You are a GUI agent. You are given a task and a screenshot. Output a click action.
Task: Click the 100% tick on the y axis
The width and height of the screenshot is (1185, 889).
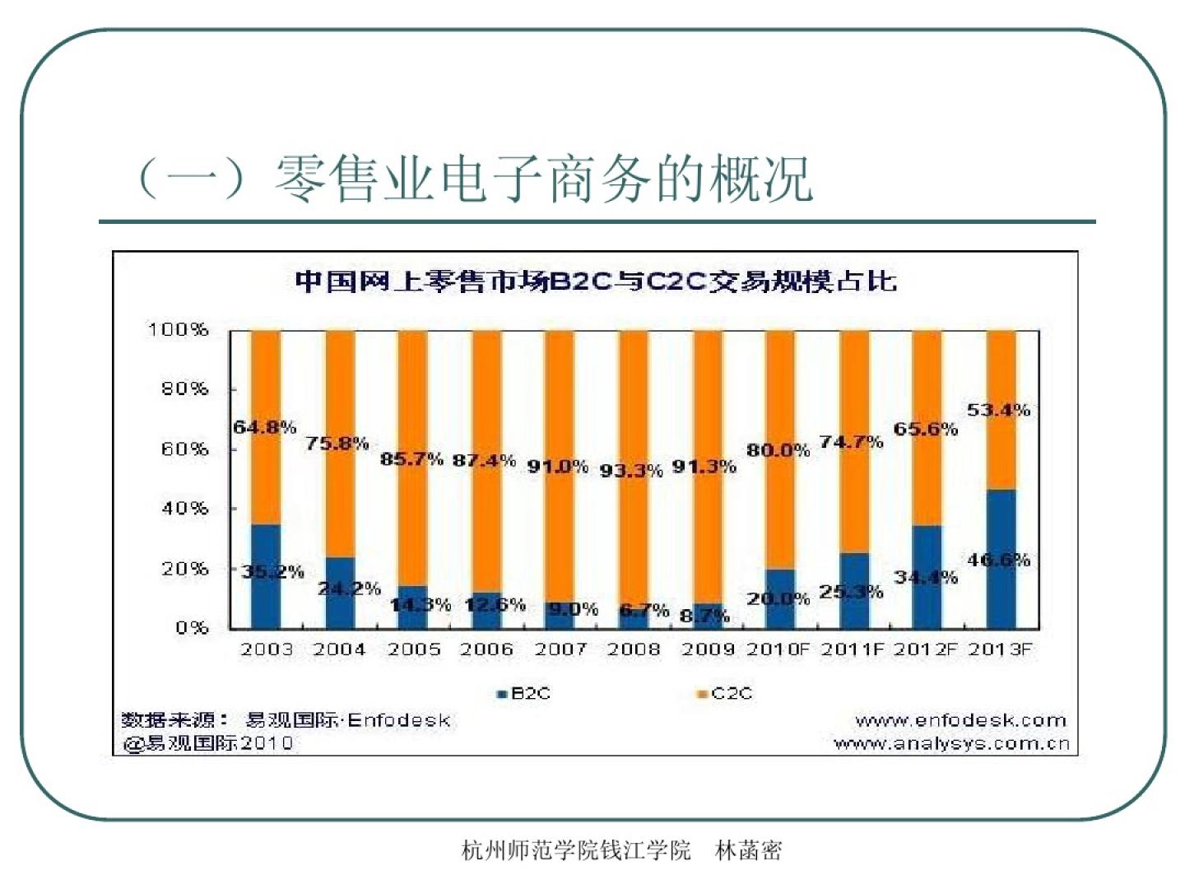pos(178,330)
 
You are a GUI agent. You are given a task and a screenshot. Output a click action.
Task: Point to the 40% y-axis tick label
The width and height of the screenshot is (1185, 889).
pos(184,509)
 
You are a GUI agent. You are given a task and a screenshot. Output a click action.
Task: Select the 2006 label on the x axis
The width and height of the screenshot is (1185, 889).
pos(486,649)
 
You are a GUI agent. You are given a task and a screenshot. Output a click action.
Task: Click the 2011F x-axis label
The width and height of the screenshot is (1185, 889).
pos(852,649)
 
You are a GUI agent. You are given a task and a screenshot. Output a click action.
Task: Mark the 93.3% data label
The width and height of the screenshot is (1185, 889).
pos(631,471)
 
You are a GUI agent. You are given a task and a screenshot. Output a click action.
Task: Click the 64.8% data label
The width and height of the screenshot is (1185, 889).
pos(264,427)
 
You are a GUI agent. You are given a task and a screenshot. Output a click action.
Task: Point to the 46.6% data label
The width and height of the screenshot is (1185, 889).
pos(998,561)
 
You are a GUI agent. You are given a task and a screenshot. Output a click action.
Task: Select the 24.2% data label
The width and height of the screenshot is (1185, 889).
pos(350,589)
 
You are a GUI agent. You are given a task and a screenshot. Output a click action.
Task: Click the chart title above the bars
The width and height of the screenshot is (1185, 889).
pos(595,282)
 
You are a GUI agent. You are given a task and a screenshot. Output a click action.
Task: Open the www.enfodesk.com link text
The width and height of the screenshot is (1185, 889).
pos(960,721)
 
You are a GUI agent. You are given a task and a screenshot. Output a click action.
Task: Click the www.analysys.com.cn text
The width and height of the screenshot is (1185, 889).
pos(951,744)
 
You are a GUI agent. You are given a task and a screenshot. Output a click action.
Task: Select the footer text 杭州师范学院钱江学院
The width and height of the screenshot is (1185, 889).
pos(576,850)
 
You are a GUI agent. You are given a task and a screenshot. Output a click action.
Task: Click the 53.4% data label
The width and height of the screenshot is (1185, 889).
pos(998,410)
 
